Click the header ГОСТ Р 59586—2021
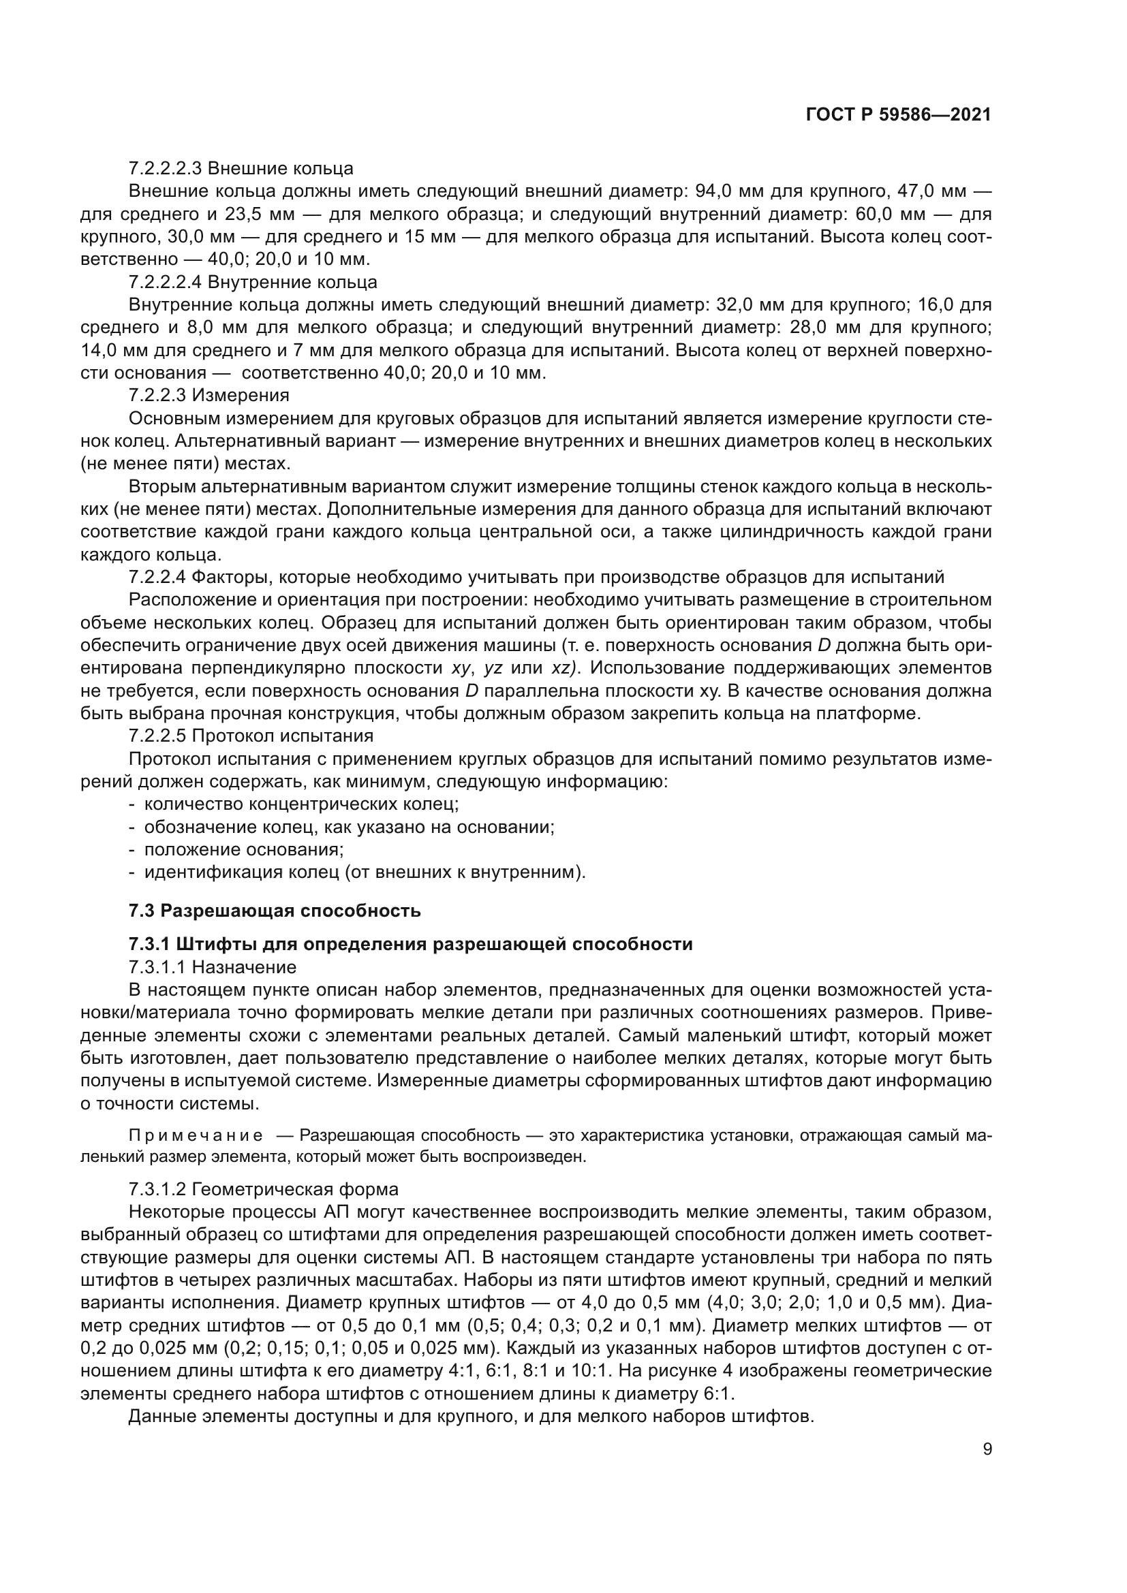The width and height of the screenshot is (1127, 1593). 898,115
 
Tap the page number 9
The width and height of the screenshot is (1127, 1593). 987,1449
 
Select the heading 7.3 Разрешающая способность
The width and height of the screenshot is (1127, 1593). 275,911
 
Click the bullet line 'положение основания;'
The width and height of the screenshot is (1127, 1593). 243,849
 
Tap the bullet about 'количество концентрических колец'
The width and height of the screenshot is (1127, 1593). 301,804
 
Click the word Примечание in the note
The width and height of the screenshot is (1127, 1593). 196,1136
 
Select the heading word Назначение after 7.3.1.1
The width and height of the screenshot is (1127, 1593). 245,967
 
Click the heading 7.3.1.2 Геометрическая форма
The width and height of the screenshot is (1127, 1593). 264,1189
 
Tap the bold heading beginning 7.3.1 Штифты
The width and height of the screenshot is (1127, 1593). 410,944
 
